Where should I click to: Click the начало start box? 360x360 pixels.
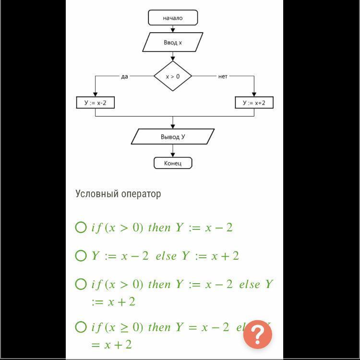(x=173, y=18)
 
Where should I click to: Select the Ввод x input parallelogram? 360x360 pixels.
(x=173, y=42)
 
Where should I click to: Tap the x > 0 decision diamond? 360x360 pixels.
(x=173, y=76)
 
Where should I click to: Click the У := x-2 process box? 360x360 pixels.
(x=96, y=103)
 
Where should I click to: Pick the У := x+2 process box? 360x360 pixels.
(x=254, y=103)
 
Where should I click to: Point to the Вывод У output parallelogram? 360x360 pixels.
(x=173, y=137)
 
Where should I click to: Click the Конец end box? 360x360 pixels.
(x=173, y=163)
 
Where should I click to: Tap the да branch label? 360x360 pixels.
(x=125, y=76)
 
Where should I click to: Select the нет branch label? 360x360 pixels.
(x=223, y=76)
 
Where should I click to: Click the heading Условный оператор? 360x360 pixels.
(x=118, y=194)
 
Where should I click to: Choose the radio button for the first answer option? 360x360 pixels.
(x=81, y=228)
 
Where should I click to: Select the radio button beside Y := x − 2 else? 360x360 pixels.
(x=81, y=256)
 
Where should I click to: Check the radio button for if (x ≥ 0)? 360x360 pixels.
(x=81, y=327)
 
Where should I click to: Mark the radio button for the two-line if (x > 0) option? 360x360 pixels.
(x=81, y=284)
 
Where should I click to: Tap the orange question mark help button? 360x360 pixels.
(x=257, y=335)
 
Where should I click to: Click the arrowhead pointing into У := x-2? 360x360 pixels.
(x=96, y=95)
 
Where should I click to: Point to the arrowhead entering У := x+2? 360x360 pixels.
(x=254, y=95)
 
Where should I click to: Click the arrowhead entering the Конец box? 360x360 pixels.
(x=173, y=155)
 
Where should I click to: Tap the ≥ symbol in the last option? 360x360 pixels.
(x=124, y=328)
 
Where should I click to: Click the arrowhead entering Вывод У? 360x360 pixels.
(x=173, y=126)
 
